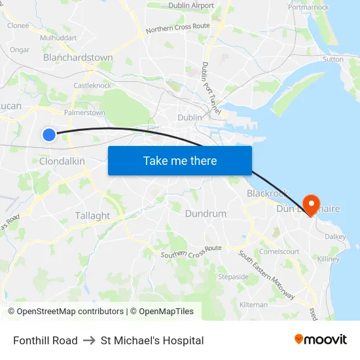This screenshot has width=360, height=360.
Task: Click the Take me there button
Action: [180, 160]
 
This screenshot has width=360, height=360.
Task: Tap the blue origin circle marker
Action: [49, 134]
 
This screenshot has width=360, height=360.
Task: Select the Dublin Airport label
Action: [191, 5]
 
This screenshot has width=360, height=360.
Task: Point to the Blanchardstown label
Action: [78, 58]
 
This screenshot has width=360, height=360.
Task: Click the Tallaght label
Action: [92, 215]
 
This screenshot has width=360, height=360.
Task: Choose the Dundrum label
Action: [206, 214]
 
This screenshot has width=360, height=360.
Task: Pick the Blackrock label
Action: [267, 193]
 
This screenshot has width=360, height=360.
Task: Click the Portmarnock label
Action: [308, 7]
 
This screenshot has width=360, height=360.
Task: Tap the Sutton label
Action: [333, 59]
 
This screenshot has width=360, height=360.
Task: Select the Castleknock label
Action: [92, 85]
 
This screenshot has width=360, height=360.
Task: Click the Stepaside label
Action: [233, 276]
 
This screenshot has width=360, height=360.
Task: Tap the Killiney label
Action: [328, 259]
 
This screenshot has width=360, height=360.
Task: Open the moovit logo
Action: [320, 340]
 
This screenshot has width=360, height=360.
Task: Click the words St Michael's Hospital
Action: [152, 340]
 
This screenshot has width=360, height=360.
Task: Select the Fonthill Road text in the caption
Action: [45, 340]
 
